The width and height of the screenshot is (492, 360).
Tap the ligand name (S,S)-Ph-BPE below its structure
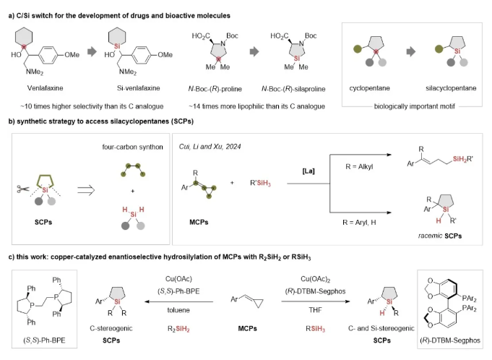tap(41, 340)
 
